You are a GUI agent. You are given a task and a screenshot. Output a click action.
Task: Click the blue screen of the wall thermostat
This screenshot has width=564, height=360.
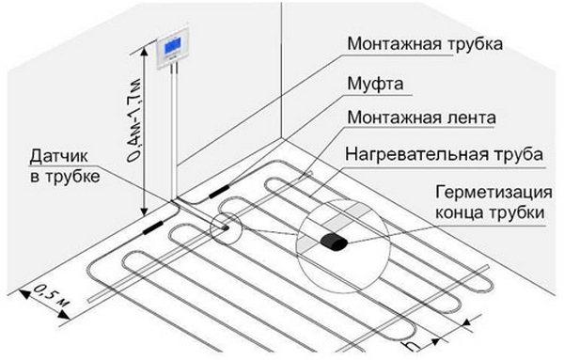click(173, 46)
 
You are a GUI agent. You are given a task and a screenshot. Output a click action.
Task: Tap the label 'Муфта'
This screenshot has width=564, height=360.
click(375, 84)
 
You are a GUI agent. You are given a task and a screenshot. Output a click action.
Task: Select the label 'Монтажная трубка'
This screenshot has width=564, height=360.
click(425, 44)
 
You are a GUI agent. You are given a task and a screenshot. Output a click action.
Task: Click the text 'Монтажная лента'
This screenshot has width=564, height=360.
click(421, 117)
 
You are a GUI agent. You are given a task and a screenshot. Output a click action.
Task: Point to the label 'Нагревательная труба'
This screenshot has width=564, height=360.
click(444, 154)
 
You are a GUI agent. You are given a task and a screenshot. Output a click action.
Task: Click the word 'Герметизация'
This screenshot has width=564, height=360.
click(493, 192)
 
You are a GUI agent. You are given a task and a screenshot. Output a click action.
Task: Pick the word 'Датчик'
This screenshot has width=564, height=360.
click(58, 157)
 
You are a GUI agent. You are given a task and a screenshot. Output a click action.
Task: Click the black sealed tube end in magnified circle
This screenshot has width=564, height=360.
click(334, 241)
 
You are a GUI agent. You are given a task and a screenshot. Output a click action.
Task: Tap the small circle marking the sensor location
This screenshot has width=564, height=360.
click(226, 228)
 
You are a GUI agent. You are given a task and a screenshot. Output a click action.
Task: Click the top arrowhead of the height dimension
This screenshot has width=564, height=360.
click(144, 53)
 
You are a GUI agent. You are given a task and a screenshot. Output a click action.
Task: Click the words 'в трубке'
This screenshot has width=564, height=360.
click(65, 177)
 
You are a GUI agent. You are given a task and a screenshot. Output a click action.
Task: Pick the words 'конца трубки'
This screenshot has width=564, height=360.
click(490, 212)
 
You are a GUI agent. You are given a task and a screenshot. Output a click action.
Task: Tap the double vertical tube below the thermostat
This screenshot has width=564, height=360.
click(174, 132)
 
